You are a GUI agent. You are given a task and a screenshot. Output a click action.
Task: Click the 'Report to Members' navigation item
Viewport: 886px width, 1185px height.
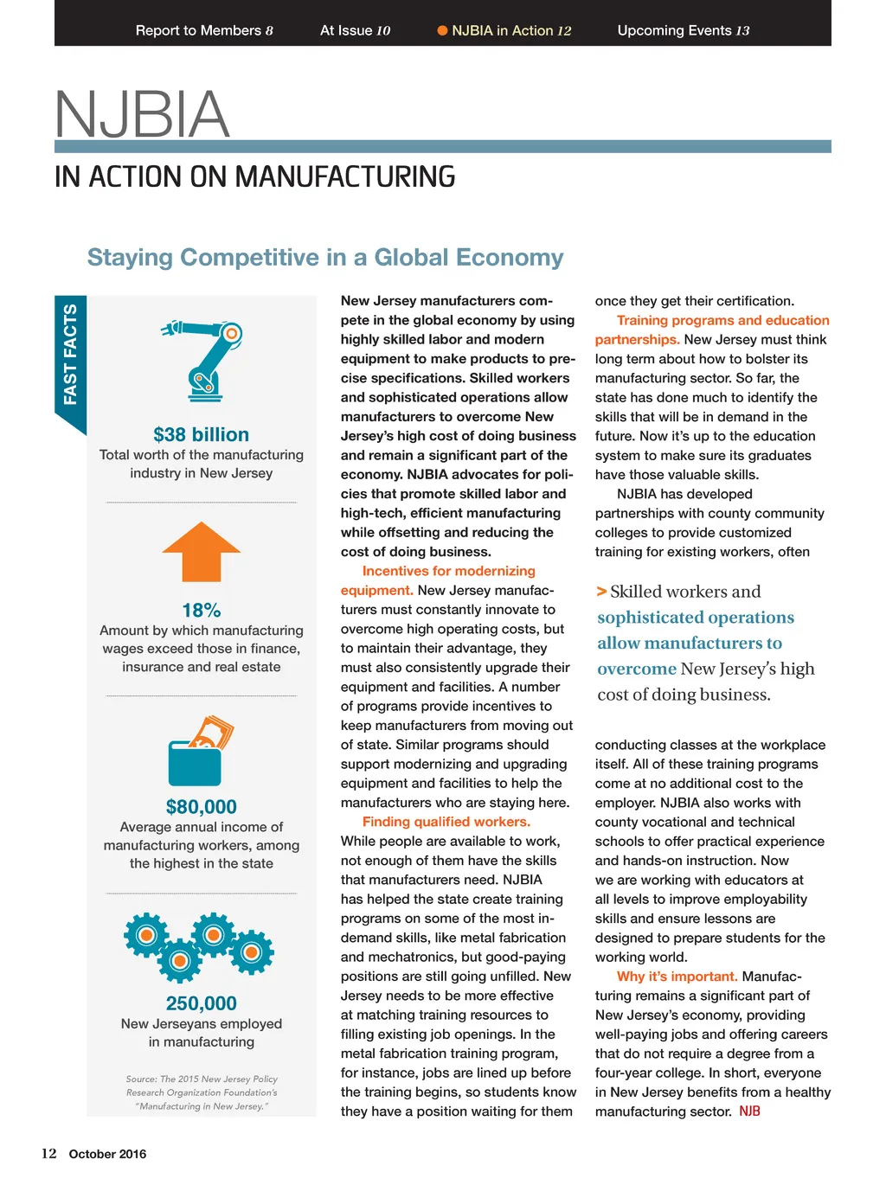tap(203, 30)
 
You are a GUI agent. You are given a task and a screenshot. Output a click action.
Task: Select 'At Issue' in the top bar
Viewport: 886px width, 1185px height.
tap(355, 30)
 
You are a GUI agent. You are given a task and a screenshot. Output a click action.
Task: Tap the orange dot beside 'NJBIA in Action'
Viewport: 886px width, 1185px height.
tap(442, 30)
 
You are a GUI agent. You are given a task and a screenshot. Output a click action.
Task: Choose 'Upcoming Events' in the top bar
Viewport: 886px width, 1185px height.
tap(683, 30)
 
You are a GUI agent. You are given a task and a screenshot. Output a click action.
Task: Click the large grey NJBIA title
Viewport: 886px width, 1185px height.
tap(142, 114)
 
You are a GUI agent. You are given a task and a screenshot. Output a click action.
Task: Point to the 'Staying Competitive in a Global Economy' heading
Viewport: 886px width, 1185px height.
tap(325, 258)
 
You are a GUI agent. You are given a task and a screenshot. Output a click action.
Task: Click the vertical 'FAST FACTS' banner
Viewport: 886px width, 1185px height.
tap(70, 355)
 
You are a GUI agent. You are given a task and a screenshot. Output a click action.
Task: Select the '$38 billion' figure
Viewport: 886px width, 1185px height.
tap(201, 434)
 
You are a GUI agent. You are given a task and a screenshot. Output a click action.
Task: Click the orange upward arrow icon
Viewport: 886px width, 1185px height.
tap(201, 551)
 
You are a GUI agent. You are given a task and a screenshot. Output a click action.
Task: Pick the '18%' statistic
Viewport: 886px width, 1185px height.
tap(201, 610)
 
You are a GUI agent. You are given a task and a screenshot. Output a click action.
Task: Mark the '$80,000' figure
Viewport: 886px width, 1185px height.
tap(201, 806)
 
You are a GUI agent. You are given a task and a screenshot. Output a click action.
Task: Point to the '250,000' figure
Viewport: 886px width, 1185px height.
tap(201, 1003)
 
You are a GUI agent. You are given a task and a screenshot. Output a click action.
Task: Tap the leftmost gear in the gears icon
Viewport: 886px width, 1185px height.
tap(146, 935)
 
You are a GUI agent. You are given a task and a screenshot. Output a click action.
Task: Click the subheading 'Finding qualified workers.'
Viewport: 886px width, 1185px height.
tap(446, 822)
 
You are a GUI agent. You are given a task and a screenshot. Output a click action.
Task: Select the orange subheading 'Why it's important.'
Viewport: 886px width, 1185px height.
tap(677, 977)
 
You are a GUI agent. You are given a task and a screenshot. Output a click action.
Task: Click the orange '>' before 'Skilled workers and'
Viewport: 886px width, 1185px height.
tap(601, 592)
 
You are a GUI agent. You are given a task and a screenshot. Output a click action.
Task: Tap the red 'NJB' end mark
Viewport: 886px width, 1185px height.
tap(749, 1111)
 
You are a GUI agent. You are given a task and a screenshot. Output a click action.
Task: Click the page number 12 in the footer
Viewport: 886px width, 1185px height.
tap(49, 1154)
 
